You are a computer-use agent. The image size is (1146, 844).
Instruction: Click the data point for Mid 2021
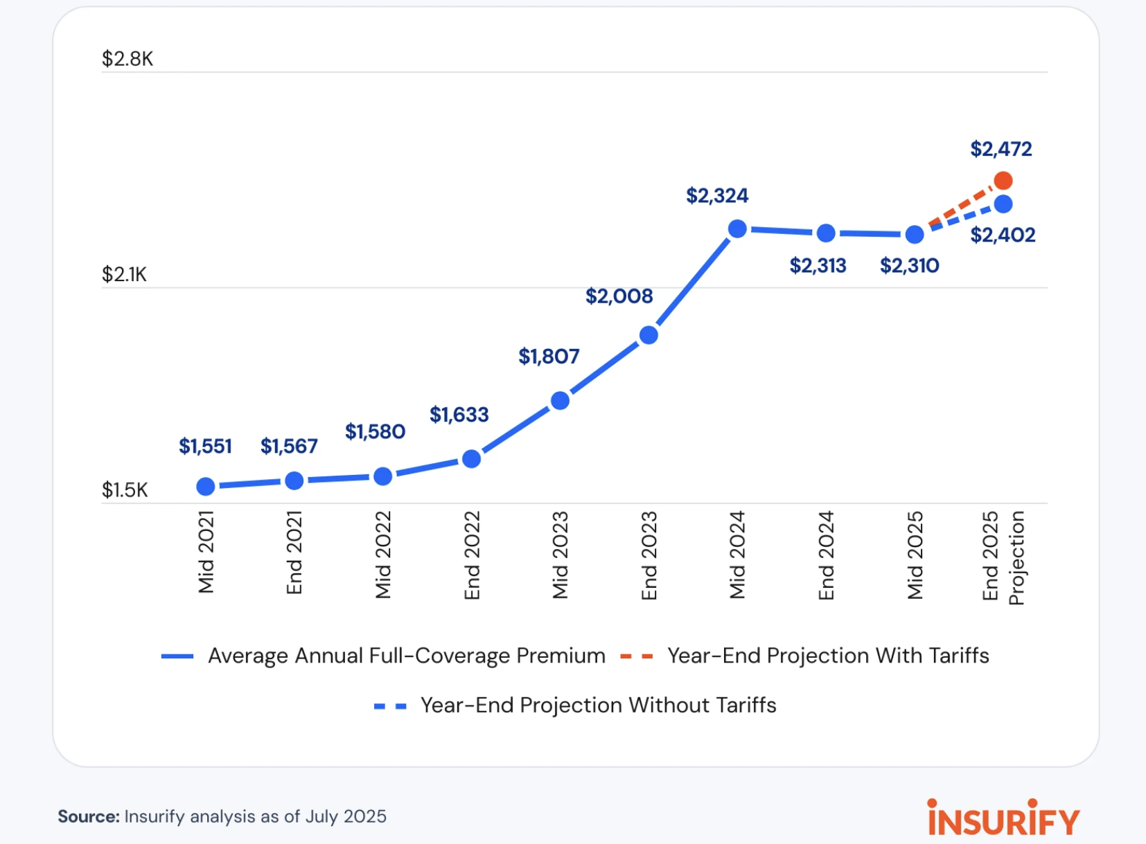[206, 487]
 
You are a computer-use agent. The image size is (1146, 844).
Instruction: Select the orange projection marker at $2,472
[1003, 181]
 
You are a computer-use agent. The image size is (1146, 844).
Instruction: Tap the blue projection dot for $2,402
[1003, 204]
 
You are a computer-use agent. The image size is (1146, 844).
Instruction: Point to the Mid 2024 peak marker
[738, 228]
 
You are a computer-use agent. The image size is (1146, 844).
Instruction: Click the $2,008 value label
[619, 296]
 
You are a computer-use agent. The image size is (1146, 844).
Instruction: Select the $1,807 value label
[549, 357]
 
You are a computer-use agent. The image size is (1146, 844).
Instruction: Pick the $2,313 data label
[818, 266]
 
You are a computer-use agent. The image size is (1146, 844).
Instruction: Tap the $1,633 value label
[459, 415]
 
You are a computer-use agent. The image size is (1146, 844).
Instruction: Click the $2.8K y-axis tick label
[127, 59]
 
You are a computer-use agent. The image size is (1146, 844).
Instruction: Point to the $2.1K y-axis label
[125, 275]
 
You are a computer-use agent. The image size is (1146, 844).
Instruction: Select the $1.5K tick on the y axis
[125, 490]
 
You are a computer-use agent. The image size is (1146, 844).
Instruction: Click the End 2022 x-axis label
[472, 555]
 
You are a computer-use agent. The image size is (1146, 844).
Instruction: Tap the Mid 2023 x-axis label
[560, 555]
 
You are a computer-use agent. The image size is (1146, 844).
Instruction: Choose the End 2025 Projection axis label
[1003, 557]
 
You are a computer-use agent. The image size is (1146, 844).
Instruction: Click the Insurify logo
[1003, 818]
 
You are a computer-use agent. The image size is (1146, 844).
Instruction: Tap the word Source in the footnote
[89, 816]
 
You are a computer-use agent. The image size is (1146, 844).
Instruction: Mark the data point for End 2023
[649, 335]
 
